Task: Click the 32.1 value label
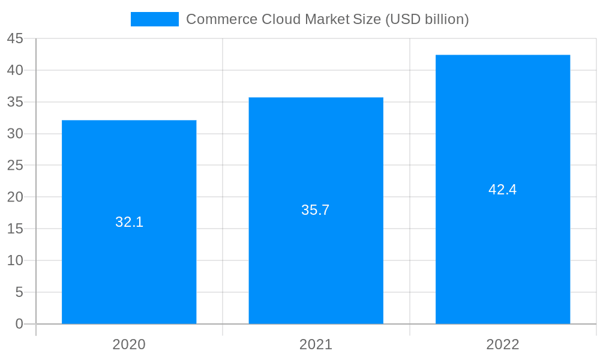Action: coord(129,222)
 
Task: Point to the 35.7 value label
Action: coord(316,210)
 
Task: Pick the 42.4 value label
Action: coord(503,190)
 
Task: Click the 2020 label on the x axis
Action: coord(129,344)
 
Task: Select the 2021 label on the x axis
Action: coord(316,344)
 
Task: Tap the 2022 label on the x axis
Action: coord(503,344)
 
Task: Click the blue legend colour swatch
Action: coord(155,19)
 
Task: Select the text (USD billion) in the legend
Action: coord(427,19)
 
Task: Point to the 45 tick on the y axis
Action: coord(15,39)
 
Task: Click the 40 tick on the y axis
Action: coord(15,70)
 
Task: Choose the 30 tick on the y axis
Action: coord(15,134)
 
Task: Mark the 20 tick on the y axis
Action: coord(15,197)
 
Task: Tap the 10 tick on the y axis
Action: coord(15,260)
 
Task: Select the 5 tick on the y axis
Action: coord(19,292)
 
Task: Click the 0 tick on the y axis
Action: coord(19,324)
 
